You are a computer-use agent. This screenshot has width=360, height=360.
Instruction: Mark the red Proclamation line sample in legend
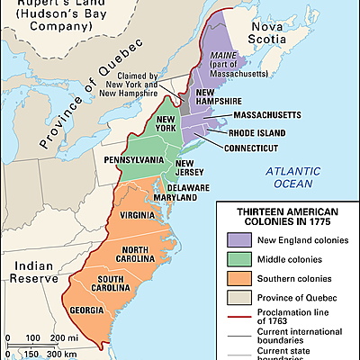(232, 316)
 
